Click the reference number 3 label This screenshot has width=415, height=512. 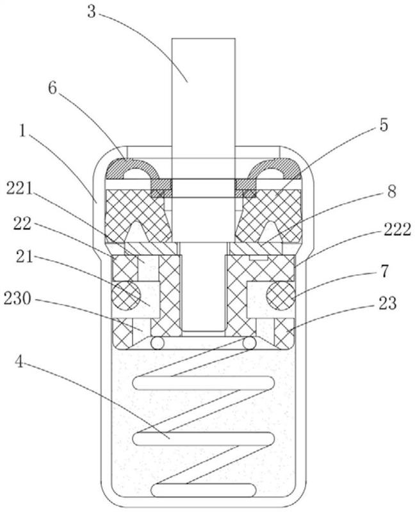[x=92, y=12]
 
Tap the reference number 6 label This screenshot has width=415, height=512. [x=53, y=88]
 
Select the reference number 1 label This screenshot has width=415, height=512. [x=22, y=131]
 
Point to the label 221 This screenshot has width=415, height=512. [x=20, y=189]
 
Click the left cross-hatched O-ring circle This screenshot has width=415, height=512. [x=126, y=296]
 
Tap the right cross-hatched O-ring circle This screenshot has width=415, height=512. [x=281, y=296]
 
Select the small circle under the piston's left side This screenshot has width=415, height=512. [x=157, y=344]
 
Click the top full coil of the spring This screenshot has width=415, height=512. [x=203, y=383]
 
